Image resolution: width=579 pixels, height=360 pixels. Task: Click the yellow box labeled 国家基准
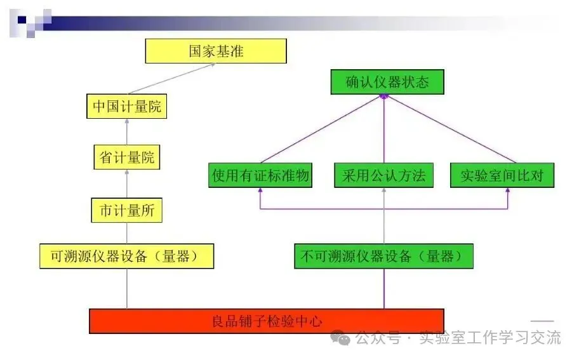[x=216, y=51]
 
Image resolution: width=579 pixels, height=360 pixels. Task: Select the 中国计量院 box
[x=127, y=106]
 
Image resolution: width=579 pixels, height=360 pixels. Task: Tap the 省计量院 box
[x=127, y=157]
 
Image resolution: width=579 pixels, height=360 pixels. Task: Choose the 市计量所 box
[x=127, y=211]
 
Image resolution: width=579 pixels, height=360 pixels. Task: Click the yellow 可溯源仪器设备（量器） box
[x=127, y=256]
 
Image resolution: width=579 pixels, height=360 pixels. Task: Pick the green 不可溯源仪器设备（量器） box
[x=384, y=257]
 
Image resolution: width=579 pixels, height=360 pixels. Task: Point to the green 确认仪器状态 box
[x=387, y=83]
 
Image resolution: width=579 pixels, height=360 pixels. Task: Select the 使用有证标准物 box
[x=260, y=175]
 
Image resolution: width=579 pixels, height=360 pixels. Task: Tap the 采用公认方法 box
[x=384, y=175]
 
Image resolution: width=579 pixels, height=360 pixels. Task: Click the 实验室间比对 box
[x=502, y=175]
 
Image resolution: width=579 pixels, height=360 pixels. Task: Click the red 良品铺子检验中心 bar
[x=267, y=321]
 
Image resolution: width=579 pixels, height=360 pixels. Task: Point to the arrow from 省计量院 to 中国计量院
[x=127, y=132]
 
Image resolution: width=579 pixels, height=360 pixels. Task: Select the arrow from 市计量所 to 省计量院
[x=127, y=184]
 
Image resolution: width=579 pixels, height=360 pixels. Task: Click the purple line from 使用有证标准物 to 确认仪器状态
[x=321, y=130]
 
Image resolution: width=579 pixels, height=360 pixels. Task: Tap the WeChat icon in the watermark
[x=343, y=338]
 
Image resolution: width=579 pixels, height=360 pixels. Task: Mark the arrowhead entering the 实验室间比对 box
[x=508, y=191]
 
